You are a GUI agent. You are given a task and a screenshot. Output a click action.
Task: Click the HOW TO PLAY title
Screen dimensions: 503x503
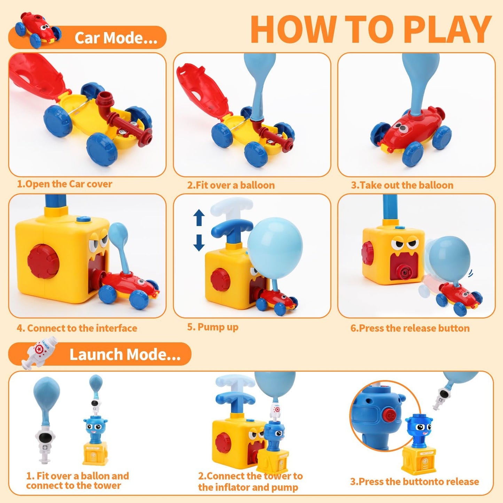pos(371,30)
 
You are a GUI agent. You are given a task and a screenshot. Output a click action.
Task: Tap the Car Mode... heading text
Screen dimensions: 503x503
pos(116,38)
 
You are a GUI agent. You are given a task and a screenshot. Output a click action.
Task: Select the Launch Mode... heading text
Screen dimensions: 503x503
pos(125,354)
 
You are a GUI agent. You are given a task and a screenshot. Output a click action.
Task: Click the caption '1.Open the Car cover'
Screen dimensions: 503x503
pos(65,184)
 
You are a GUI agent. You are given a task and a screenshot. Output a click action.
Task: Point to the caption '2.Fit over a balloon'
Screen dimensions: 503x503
pos(231,185)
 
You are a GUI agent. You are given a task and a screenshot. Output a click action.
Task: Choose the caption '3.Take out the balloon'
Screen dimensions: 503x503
pos(402,185)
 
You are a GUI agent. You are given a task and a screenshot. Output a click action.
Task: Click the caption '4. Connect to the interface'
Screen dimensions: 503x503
pos(77,328)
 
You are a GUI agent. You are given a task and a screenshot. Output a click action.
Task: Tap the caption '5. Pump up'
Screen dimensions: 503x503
pos(213,327)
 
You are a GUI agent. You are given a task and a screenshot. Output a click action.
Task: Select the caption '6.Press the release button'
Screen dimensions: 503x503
pos(410,328)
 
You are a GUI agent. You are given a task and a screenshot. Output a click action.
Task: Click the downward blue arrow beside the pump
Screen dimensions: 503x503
pos(199,243)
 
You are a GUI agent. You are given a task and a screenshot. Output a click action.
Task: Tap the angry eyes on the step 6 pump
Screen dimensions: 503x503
pos(404,243)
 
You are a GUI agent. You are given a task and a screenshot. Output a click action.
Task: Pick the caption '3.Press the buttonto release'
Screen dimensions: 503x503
pos(414,481)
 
